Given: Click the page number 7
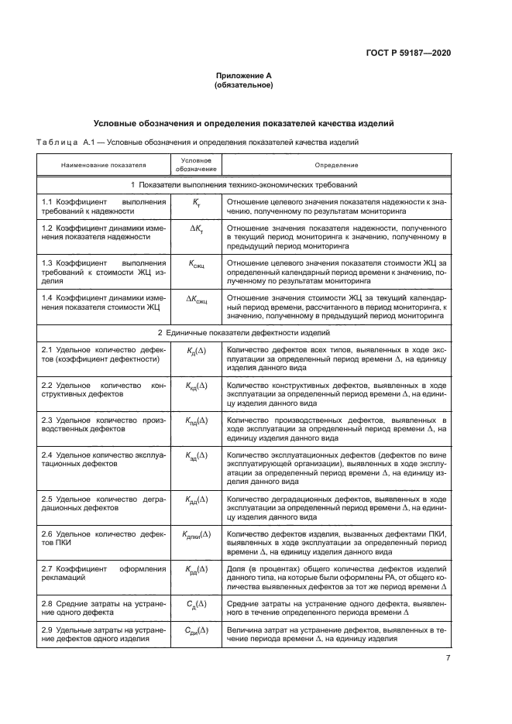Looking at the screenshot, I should [448, 658].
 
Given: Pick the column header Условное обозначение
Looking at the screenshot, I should [196, 165].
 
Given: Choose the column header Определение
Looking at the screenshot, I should [336, 165].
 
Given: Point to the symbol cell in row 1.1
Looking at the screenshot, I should [196, 201].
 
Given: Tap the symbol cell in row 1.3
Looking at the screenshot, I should [196, 263].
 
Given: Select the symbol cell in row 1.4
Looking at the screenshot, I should [196, 297].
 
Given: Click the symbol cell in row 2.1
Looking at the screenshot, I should [196, 351].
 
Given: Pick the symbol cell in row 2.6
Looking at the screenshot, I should [196, 534].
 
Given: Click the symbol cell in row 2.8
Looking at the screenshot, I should [196, 602].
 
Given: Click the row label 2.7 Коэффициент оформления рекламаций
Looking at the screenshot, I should [103, 574].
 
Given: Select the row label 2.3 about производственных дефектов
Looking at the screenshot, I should [103, 424].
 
